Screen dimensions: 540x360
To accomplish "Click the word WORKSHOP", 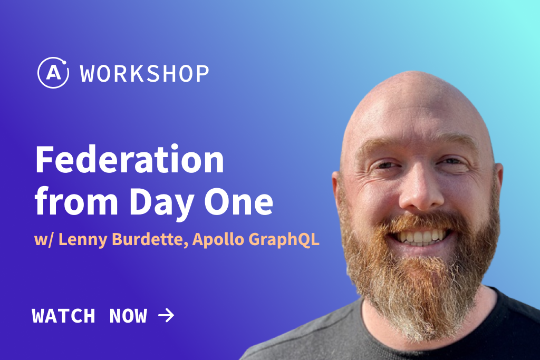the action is [x=144, y=73].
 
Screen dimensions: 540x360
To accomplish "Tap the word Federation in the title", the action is [x=130, y=160].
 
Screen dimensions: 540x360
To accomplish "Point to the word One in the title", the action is [x=239, y=202].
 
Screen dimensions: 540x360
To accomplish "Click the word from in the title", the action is [x=76, y=201].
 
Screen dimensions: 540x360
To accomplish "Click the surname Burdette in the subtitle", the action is [x=150, y=239].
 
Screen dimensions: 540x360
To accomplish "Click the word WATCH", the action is [x=63, y=316].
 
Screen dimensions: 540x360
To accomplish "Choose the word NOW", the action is [x=128, y=316].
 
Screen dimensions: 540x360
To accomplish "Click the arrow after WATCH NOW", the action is [x=166, y=315].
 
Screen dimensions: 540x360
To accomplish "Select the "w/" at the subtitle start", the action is [x=44, y=239].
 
